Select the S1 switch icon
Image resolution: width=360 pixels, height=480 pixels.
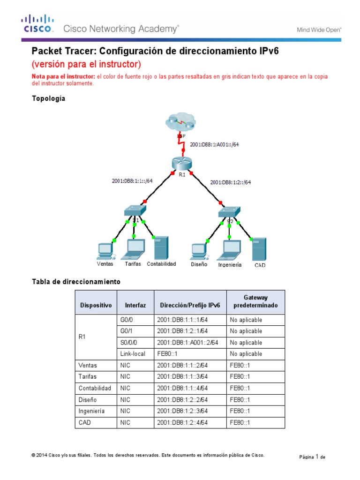pyautogui.click(x=134, y=210)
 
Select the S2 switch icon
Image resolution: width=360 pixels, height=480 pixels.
pyautogui.click(x=229, y=211)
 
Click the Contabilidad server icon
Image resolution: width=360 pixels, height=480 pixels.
pyautogui.click(x=161, y=248)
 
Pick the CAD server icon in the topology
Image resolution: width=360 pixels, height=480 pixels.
pyautogui.click(x=259, y=249)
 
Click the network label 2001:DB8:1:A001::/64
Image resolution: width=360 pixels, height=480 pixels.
pyautogui.click(x=214, y=144)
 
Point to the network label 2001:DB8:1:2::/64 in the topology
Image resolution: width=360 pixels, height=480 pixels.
pyautogui.click(x=231, y=182)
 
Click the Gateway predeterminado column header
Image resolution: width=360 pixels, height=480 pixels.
pyautogui.click(x=255, y=301)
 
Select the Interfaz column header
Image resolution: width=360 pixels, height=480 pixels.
pyautogui.click(x=135, y=305)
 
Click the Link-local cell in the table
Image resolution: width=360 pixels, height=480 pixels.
pyautogui.click(x=133, y=354)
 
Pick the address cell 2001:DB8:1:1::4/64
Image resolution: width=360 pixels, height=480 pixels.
pyautogui.click(x=182, y=388)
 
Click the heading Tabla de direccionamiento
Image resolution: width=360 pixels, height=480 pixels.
pyautogui.click(x=76, y=282)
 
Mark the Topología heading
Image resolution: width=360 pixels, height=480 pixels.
pyautogui.click(x=48, y=98)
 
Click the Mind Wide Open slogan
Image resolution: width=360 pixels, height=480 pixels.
pyautogui.click(x=319, y=30)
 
